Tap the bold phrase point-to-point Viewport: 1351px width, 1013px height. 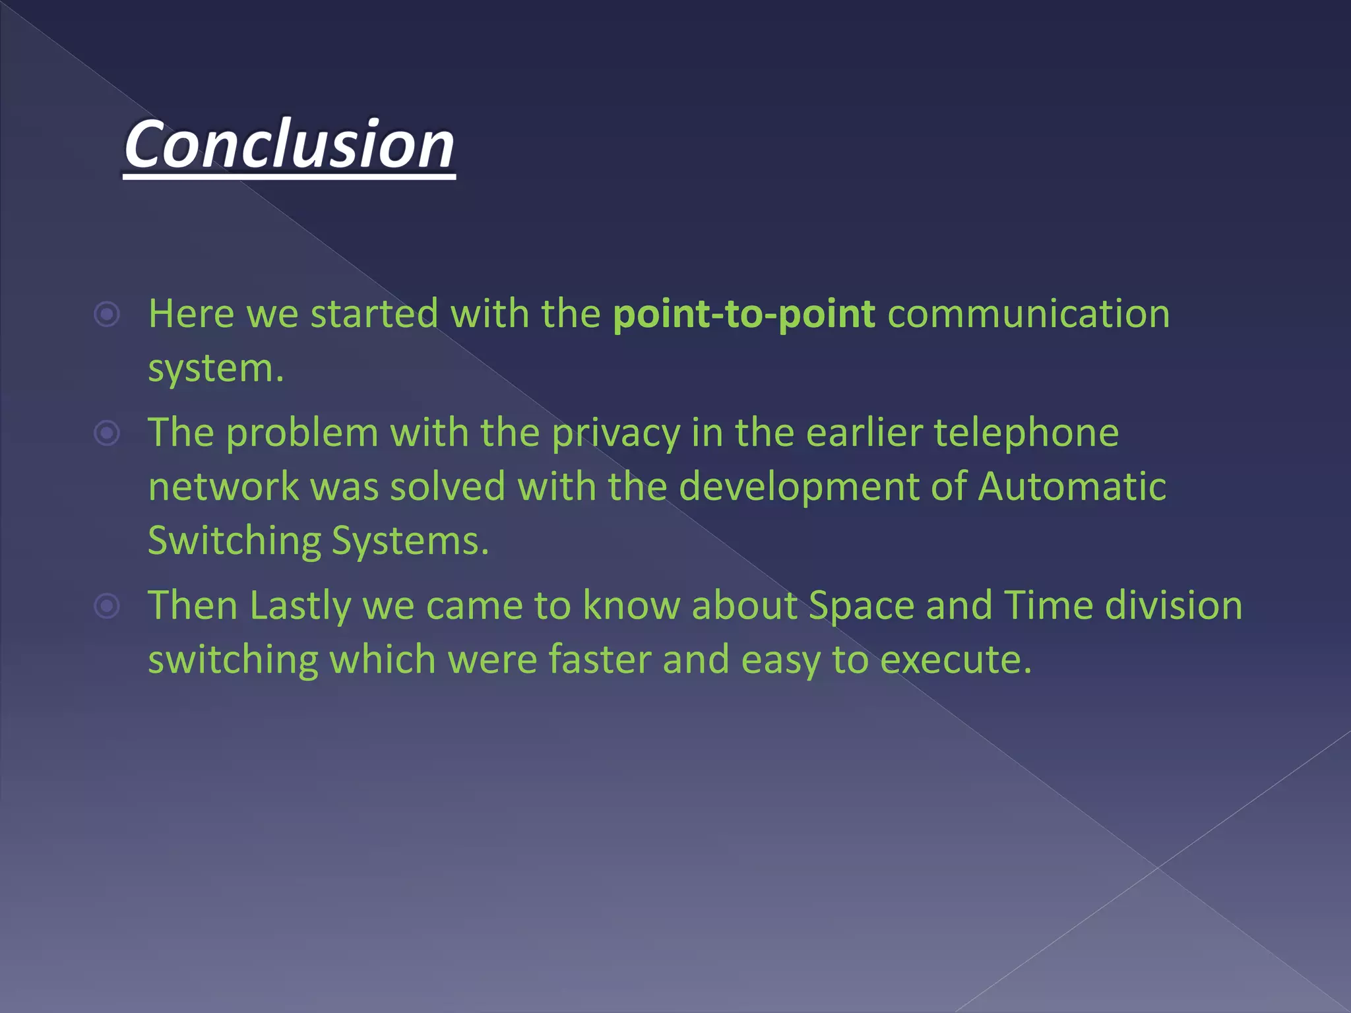click(x=743, y=314)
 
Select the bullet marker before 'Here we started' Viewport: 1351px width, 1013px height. click(x=107, y=315)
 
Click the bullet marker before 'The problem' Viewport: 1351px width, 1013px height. click(x=107, y=433)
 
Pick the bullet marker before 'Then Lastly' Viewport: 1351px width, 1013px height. click(x=107, y=606)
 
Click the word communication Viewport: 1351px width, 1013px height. click(x=1028, y=314)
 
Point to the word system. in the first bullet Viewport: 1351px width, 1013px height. click(x=216, y=369)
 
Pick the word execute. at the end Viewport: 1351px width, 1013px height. click(x=956, y=660)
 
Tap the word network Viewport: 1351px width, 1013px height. click(x=224, y=487)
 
